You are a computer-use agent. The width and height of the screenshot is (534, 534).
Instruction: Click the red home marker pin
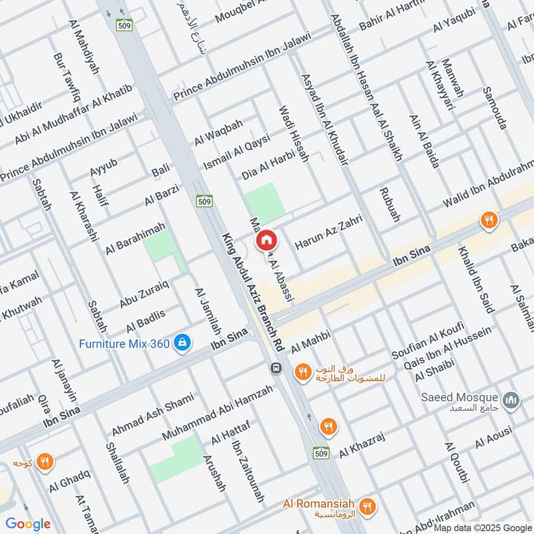pyautogui.click(x=266, y=239)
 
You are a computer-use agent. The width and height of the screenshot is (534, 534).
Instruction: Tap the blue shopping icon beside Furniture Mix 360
pyautogui.click(x=181, y=343)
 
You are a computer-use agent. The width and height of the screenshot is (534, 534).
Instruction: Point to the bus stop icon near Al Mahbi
pyautogui.click(x=274, y=368)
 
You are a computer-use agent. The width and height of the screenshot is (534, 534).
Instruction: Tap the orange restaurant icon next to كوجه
pyautogui.click(x=45, y=462)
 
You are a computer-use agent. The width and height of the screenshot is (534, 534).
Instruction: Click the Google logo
pyautogui.click(x=28, y=524)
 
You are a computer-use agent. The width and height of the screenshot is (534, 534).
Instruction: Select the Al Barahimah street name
pyautogui.click(x=135, y=238)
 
